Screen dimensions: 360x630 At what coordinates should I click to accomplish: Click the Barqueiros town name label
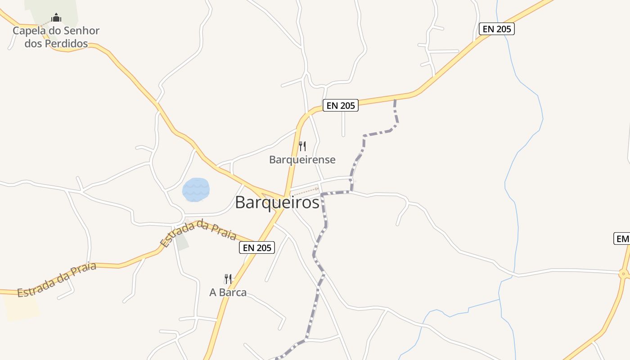point(277,202)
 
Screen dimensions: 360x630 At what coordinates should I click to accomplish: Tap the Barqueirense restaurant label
point(302,160)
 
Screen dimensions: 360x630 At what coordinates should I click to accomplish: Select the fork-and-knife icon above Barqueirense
point(302,146)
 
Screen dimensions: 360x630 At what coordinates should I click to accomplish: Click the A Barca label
point(228,292)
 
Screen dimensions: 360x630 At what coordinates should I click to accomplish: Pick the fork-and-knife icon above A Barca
point(228,279)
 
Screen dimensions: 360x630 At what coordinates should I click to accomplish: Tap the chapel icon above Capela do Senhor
point(56,18)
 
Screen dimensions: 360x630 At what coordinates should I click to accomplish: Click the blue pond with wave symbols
point(196,189)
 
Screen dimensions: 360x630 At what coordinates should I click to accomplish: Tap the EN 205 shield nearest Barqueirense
point(341,106)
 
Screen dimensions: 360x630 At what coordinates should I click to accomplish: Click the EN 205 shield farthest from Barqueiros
point(496,29)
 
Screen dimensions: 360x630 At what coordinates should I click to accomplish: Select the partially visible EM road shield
point(621,239)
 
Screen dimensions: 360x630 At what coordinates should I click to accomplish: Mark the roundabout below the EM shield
point(623,273)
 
